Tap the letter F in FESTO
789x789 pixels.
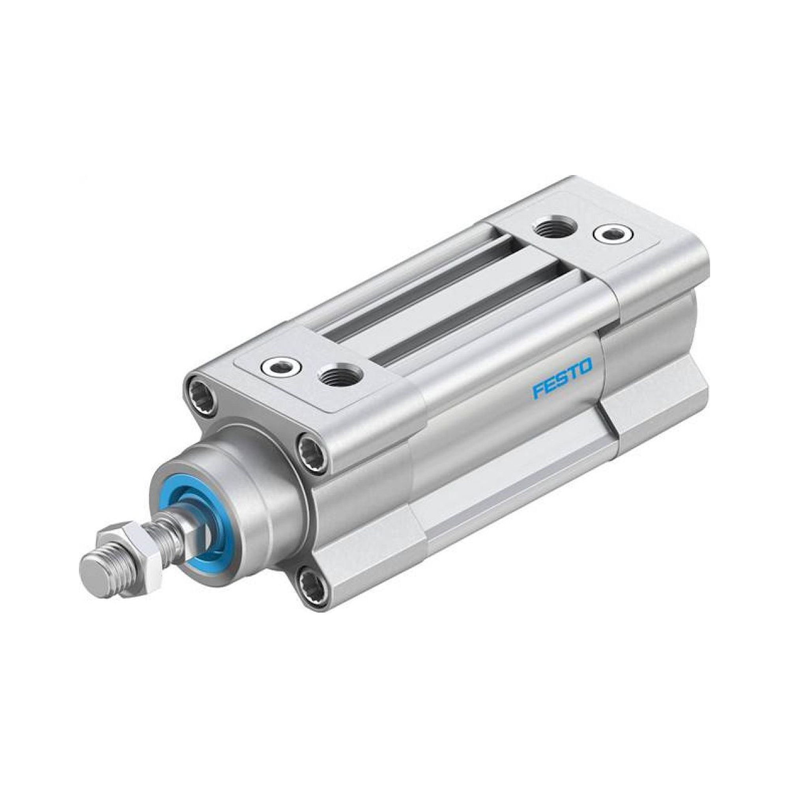(x=538, y=392)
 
